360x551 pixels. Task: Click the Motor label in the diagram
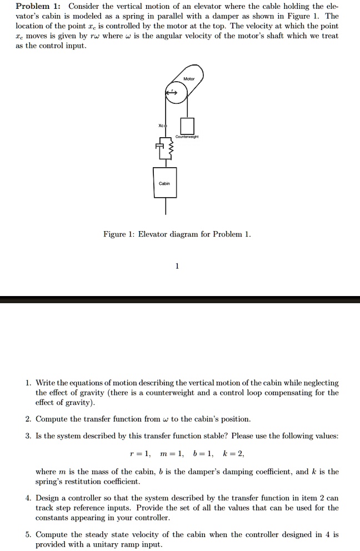[189, 79]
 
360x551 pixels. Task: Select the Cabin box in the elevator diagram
[165, 183]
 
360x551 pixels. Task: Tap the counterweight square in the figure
[187, 126]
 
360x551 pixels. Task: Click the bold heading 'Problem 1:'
[38, 7]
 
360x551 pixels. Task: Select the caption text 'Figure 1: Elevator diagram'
[177, 234]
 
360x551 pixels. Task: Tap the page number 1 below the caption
[177, 266]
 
